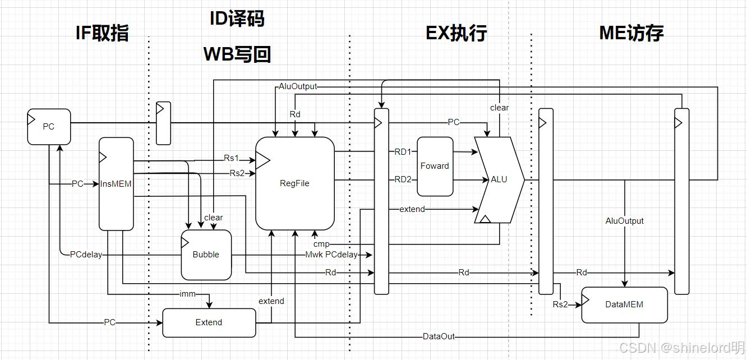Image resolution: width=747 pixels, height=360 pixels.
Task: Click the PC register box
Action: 49,126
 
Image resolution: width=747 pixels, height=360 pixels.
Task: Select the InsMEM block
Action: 116,183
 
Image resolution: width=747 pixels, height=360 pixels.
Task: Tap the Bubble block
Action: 206,255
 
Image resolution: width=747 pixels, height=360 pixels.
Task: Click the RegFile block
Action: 294,183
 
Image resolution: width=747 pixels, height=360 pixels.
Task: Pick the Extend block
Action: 209,322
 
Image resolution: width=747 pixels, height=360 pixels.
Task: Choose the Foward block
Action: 435,166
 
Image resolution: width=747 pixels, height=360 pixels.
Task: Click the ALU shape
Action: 499,179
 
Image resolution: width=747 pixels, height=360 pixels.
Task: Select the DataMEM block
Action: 624,304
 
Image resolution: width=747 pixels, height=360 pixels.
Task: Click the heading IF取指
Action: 103,33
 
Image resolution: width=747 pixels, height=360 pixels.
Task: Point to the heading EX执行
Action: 456,33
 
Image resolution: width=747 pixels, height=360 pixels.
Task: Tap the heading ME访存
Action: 631,33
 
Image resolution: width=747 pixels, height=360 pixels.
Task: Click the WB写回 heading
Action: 237,54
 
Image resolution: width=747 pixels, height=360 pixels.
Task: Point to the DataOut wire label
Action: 439,336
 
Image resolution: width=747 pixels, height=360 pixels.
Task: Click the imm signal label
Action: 187,294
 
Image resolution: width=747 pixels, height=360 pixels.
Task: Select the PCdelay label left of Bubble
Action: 86,255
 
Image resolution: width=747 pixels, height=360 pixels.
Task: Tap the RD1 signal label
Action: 403,151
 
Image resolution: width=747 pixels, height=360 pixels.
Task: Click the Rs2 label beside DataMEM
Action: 560,304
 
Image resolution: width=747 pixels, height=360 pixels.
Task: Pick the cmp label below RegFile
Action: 321,244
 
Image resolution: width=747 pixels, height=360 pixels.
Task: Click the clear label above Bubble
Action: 214,218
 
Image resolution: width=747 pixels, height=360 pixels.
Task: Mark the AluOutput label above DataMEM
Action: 625,221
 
